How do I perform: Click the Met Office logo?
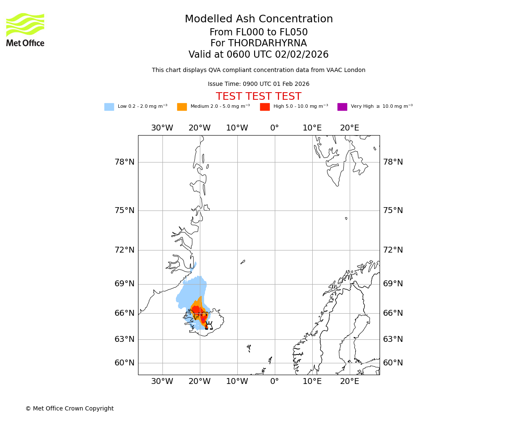tap(25, 29)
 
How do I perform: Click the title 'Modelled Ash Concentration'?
tap(258, 19)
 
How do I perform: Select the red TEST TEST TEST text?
tap(258, 96)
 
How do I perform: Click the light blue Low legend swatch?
tap(109, 107)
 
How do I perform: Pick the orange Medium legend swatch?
tap(182, 107)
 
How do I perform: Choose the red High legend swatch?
tap(265, 107)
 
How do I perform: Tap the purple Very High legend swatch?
tap(342, 107)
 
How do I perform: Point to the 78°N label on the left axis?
tap(125, 162)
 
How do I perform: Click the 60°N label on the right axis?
tap(393, 363)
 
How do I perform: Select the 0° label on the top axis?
tap(274, 128)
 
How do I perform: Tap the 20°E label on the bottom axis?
tap(349, 381)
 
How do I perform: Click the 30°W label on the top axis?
tap(162, 128)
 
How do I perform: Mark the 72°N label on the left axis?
tap(125, 250)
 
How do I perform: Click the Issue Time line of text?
tap(258, 84)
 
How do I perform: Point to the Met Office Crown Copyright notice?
tap(69, 408)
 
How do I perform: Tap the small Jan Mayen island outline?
tap(243, 262)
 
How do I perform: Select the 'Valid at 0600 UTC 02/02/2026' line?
tap(258, 55)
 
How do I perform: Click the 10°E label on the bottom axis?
tap(312, 381)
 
